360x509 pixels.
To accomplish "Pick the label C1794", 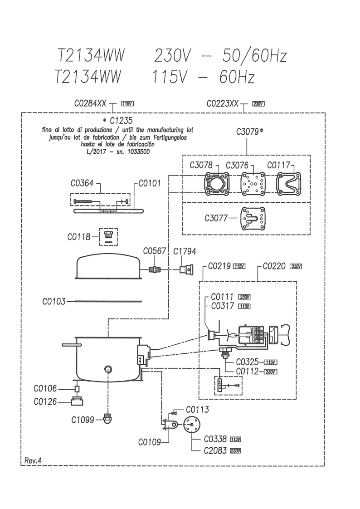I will coord(185,252).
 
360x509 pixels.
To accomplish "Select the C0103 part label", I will coord(54,301).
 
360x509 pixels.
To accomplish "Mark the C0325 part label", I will coord(247,362).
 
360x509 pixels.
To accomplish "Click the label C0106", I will coord(45,388).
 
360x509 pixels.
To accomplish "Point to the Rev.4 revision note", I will coord(33,460).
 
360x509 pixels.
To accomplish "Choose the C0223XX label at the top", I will coord(222,103).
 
